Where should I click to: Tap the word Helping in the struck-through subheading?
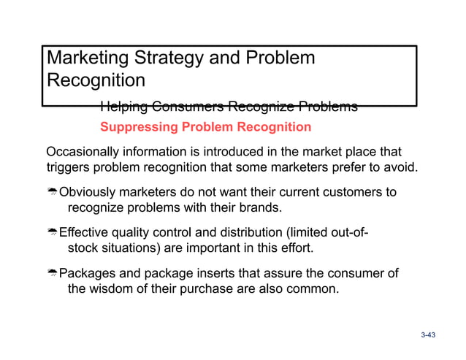coord(125,107)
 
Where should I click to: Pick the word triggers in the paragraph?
coord(68,169)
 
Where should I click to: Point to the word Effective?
coord(84,233)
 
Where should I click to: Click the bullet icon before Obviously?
coord(52,194)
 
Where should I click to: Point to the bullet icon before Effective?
coord(52,234)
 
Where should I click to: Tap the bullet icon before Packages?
coord(52,274)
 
